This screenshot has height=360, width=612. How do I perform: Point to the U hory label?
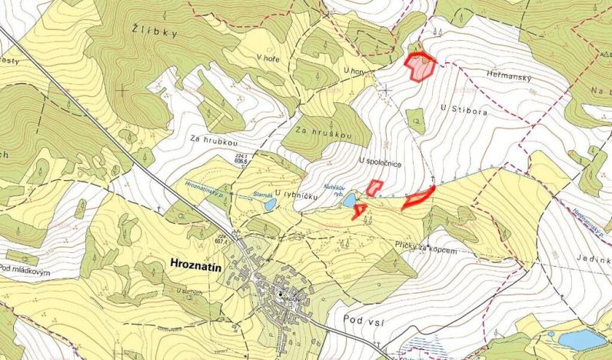point(356,71)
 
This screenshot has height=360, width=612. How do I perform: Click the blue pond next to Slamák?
point(269,205)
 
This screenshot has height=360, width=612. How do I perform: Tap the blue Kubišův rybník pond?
point(350,201)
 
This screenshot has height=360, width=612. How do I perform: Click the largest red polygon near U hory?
point(421,67)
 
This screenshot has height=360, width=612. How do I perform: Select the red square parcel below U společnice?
point(374,188)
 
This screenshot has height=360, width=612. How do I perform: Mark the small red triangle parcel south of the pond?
point(359,211)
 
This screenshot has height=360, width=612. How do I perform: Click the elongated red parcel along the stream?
point(420,197)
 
